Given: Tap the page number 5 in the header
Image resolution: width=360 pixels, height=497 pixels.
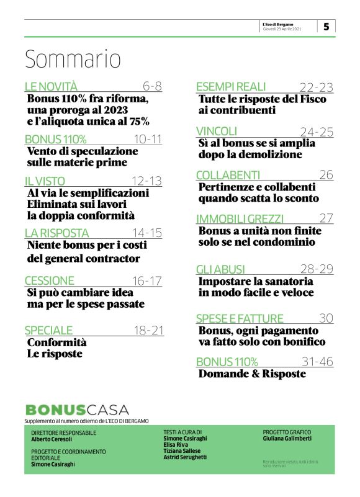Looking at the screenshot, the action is [326, 26].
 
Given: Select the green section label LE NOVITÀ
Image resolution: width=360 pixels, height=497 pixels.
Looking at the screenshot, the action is [51, 86].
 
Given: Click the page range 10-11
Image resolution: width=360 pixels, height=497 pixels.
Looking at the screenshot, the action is [148, 138].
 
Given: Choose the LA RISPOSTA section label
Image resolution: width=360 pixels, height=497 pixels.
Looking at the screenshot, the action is [56, 233].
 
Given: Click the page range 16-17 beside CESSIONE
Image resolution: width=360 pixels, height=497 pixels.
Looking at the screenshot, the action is [148, 280].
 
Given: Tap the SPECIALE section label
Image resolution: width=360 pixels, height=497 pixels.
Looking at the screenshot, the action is [48, 329].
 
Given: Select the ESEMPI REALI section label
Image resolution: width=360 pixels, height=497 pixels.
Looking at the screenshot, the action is [230, 86].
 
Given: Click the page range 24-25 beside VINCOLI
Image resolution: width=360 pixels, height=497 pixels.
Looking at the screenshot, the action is [317, 131].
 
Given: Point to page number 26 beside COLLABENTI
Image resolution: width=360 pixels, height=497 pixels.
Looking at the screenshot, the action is [326, 174].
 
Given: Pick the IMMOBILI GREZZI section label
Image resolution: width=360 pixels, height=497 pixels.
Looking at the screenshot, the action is [240, 218].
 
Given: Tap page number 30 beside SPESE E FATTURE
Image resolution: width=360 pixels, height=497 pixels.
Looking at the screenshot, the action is [326, 318].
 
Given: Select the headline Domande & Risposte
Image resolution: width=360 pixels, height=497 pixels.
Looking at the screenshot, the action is [252, 374].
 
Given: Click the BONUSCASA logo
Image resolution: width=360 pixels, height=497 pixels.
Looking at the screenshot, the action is [77, 410].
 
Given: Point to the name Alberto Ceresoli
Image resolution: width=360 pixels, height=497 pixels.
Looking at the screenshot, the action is [52, 439].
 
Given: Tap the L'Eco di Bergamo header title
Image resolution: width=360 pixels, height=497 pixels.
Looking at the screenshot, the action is [282, 24].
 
